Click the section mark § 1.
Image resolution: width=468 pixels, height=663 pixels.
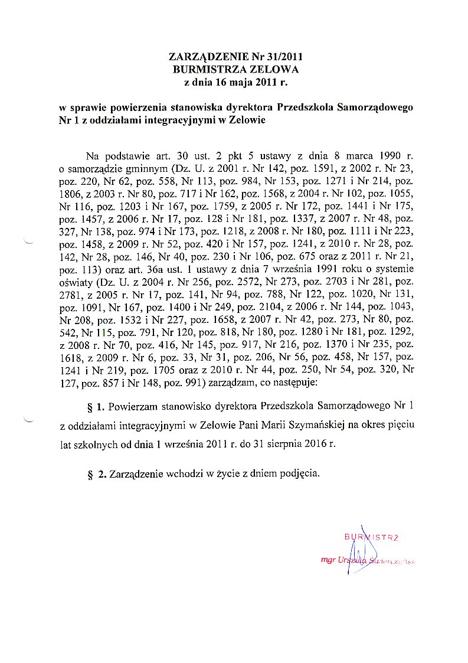96,406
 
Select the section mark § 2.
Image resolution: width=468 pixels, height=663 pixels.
96,473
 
